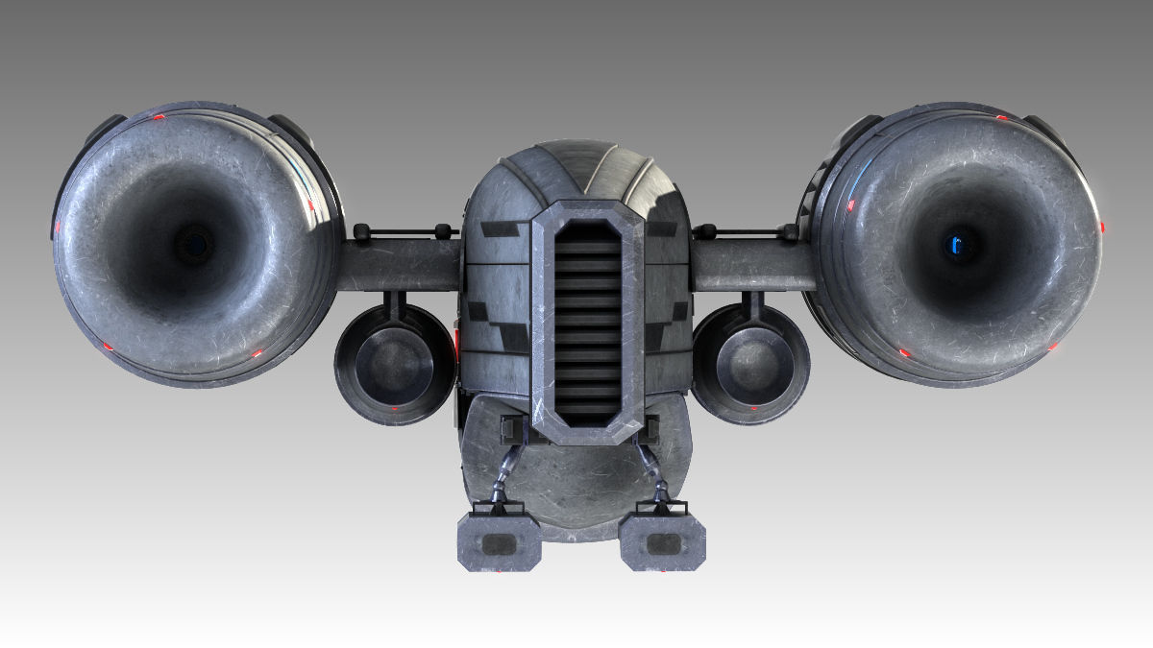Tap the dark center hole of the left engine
click(x=195, y=243)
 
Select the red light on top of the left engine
click(x=159, y=117)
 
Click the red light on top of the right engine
click(x=1000, y=117)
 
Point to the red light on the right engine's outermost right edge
click(x=1101, y=228)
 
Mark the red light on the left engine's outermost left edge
click(x=57, y=227)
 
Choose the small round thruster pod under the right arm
click(x=750, y=364)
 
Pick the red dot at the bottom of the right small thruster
click(x=754, y=409)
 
